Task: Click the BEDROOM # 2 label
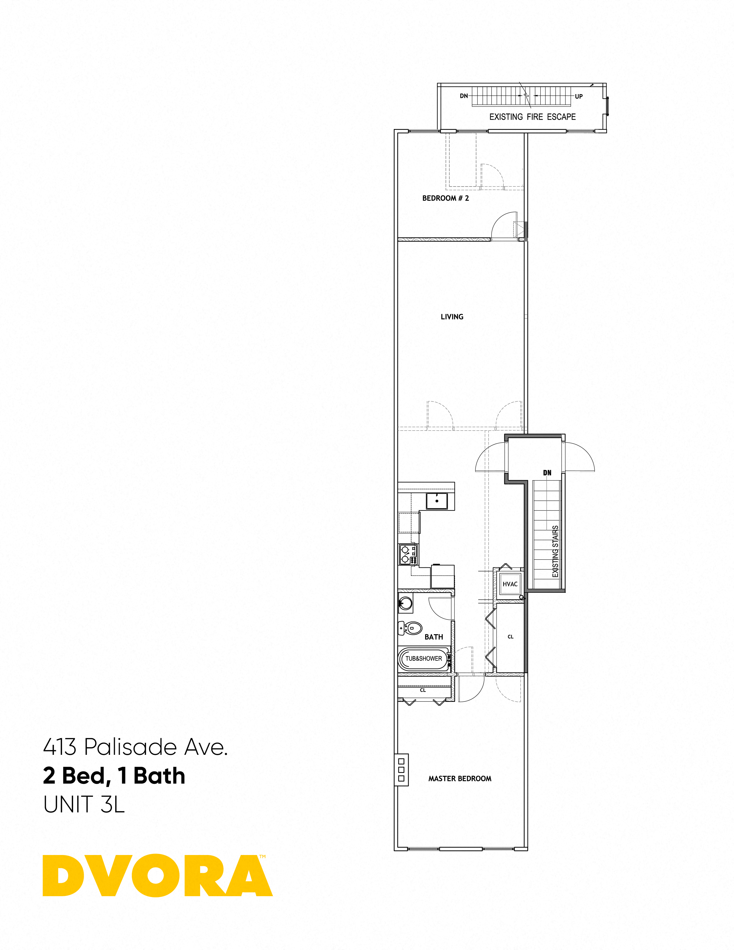click(x=445, y=198)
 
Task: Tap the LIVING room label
click(x=452, y=317)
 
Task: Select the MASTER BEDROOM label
click(x=460, y=779)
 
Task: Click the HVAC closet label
click(x=510, y=584)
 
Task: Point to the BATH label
click(x=433, y=637)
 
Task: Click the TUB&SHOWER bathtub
click(x=423, y=659)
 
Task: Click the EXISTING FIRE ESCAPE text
click(x=532, y=117)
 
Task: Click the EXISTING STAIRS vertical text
click(x=555, y=552)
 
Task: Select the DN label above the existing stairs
click(x=547, y=473)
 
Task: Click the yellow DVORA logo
click(x=157, y=876)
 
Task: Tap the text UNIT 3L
click(x=84, y=804)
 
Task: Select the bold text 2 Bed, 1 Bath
click(x=114, y=776)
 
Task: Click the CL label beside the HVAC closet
click(x=511, y=637)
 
